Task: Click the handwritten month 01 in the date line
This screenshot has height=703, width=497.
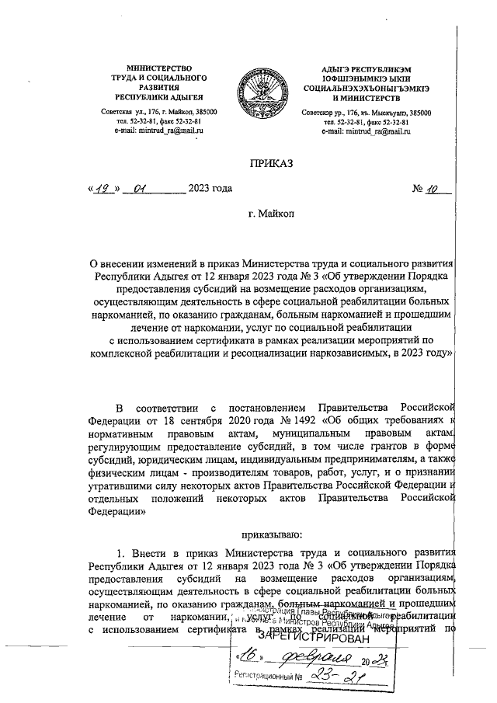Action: [x=141, y=187]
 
